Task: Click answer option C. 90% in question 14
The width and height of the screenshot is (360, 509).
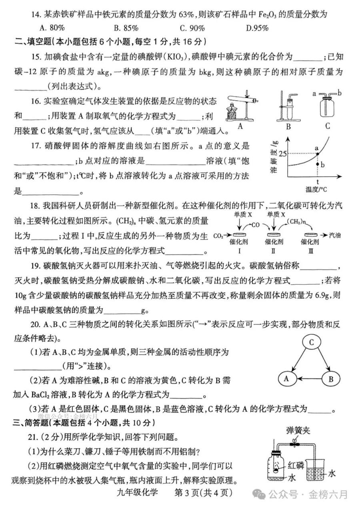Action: [x=192, y=28]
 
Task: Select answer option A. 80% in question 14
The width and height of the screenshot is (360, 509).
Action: [x=53, y=28]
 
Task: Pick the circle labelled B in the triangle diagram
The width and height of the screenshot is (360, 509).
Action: [x=330, y=378]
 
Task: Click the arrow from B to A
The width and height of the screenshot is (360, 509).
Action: [x=308, y=378]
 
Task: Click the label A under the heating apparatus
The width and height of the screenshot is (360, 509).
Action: [x=240, y=127]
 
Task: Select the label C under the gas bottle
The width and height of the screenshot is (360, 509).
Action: [x=328, y=127]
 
